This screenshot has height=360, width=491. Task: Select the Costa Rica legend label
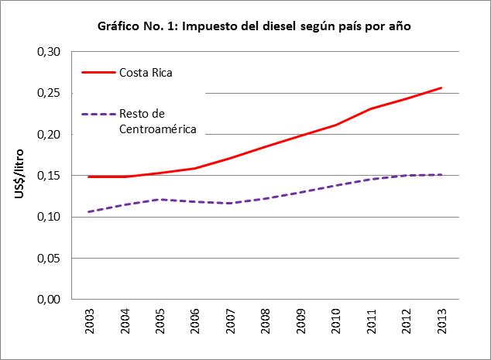(x=145, y=74)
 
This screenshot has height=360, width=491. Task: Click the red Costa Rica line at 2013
(x=441, y=87)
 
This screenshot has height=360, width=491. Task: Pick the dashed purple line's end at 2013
(x=441, y=174)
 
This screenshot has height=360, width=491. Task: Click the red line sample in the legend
(x=97, y=74)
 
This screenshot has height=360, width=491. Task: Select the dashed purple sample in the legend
(x=97, y=114)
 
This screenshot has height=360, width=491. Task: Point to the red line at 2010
(x=336, y=125)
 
